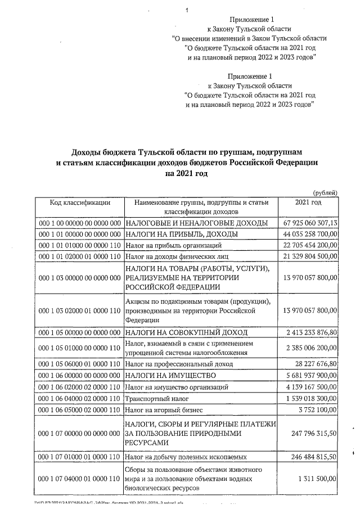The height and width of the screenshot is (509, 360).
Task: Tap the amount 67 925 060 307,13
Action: point(310,223)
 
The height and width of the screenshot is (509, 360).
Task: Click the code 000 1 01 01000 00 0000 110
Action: point(79,245)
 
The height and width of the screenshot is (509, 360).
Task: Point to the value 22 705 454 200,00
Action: point(310,245)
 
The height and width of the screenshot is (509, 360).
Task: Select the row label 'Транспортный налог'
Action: point(156,397)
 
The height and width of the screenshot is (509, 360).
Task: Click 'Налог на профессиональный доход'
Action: point(179,363)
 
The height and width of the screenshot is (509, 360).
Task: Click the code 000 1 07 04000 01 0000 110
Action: point(79,478)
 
